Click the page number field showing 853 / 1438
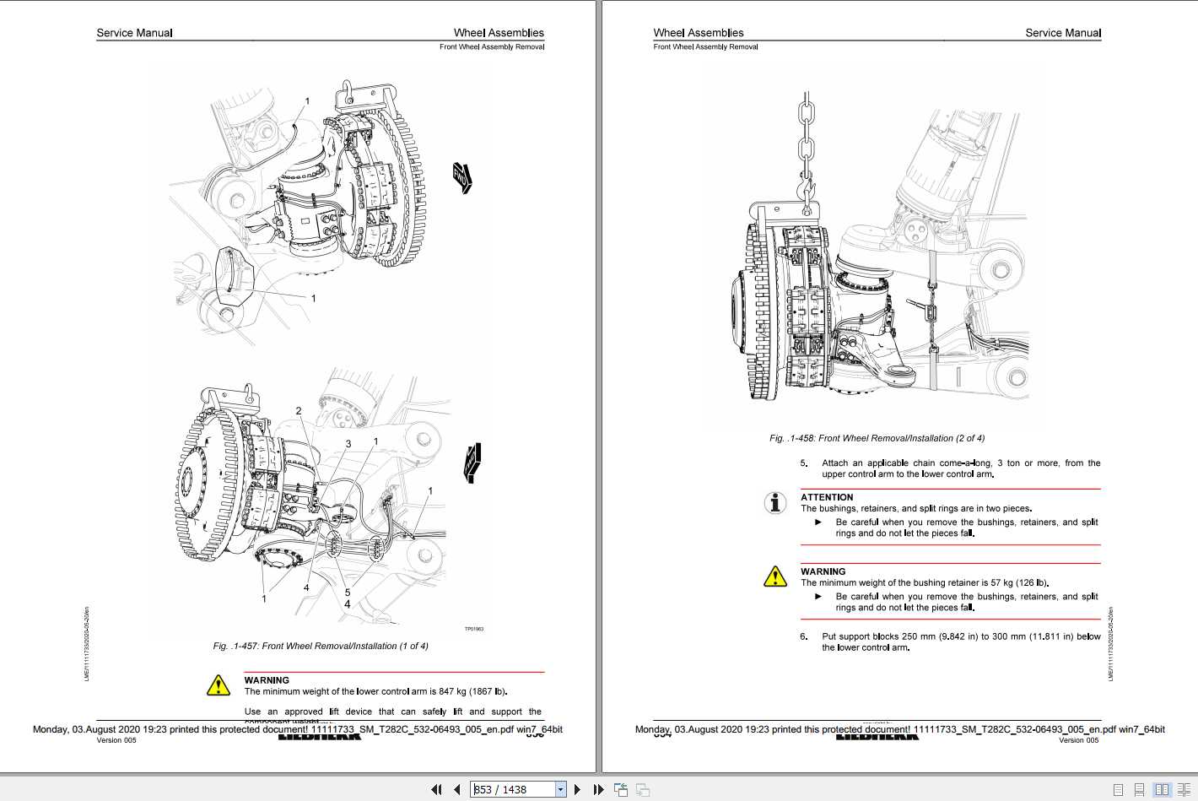pos(512,789)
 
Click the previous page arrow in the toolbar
pos(457,789)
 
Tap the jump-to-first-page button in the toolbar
pos(436,789)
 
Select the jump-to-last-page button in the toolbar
pos(598,789)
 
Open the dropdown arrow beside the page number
pos(560,789)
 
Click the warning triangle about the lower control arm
pos(219,685)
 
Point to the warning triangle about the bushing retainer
pos(774,576)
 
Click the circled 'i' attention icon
pos(774,502)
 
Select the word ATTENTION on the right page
pos(827,497)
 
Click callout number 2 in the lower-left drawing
pos(299,411)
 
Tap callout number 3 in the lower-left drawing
pos(348,443)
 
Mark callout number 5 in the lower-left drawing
pos(347,592)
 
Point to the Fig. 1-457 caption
pos(321,646)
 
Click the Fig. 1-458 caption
pos(877,438)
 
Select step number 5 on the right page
pos(803,463)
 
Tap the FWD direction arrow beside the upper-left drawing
pos(462,177)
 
